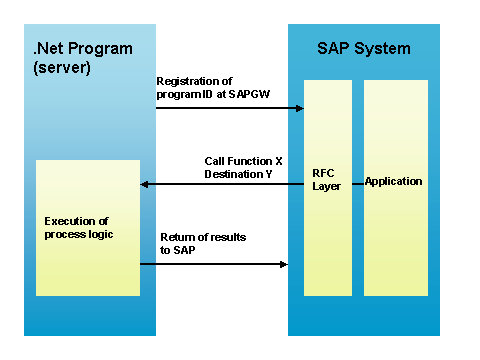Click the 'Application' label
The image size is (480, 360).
393,181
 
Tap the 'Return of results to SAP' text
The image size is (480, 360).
202,243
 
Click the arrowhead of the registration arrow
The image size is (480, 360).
299,107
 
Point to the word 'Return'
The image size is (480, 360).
177,237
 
